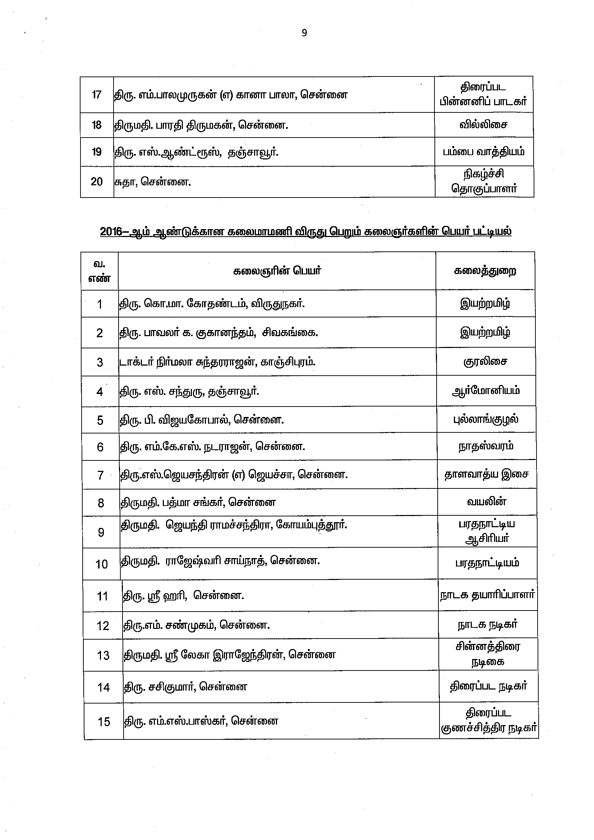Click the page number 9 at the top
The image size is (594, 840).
[304, 33]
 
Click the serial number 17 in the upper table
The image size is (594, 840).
[97, 95]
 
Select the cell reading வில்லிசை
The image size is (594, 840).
[483, 125]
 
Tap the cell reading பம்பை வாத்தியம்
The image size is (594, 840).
[483, 152]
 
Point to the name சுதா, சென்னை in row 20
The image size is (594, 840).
[153, 181]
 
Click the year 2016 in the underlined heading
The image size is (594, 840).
[111, 232]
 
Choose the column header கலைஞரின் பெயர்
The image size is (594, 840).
[277, 271]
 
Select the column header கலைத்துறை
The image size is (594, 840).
[485, 271]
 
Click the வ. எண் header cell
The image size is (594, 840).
[100, 271]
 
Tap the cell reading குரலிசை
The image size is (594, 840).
[485, 362]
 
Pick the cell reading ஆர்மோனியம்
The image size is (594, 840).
[485, 391]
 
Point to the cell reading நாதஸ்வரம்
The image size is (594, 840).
[486, 446]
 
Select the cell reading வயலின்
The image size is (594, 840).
[487, 502]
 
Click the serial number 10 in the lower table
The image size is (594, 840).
[102, 564]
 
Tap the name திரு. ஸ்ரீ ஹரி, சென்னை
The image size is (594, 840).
[183, 596]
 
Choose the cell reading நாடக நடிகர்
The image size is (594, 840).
[488, 625]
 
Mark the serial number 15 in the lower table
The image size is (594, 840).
[104, 722]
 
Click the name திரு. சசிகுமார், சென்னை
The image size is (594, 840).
[185, 687]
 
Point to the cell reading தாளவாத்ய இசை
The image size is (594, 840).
[486, 474]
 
